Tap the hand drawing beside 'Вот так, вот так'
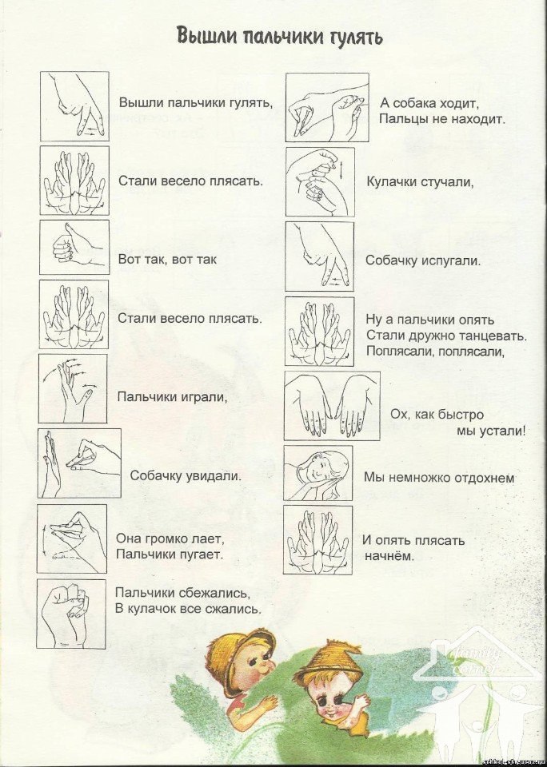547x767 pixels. tap(74, 247)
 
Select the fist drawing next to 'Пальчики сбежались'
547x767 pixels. tap(71, 614)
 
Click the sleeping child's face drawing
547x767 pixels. tap(317, 473)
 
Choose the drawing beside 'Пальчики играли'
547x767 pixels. tap(73, 389)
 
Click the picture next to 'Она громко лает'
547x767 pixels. tap(71, 539)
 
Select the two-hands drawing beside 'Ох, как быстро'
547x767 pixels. tap(332, 406)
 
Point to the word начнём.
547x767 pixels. tap(389, 556)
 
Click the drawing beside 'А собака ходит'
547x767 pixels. tap(327, 108)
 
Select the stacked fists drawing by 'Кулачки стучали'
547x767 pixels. tap(320, 182)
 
